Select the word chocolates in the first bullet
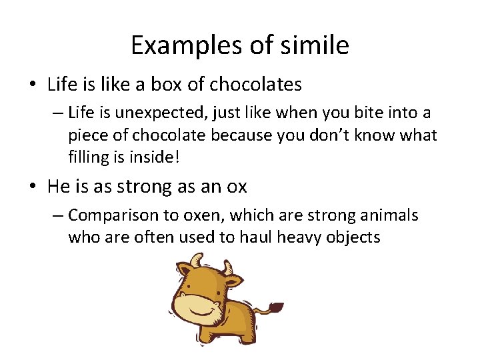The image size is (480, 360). pyautogui.click(x=255, y=85)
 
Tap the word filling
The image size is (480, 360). pyautogui.click(x=89, y=156)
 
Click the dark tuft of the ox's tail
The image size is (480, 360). pyautogui.click(x=274, y=308)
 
